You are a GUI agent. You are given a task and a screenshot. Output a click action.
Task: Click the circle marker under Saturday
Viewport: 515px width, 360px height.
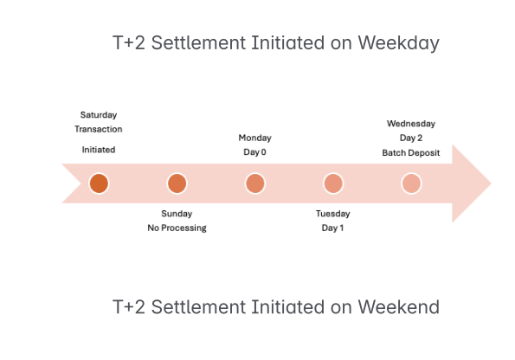[99, 183]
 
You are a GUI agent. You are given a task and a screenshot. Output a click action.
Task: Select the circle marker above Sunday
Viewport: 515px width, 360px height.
[177, 183]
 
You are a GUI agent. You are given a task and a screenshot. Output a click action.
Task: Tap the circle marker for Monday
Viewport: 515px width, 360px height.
[255, 183]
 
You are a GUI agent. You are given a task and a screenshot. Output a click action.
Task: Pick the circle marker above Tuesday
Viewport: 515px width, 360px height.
[333, 183]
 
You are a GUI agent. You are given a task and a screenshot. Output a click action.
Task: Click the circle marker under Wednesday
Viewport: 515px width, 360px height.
[411, 183]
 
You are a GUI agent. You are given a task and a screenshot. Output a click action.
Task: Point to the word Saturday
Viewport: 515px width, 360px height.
[99, 115]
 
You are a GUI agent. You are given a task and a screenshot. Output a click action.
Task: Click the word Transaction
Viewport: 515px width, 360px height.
[99, 129]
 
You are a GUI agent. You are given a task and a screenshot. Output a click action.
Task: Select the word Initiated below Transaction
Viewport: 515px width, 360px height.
[99, 150]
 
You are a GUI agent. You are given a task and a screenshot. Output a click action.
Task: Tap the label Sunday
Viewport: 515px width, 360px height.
[177, 214]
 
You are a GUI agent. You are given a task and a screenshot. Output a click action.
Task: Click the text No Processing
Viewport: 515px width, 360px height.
[177, 228]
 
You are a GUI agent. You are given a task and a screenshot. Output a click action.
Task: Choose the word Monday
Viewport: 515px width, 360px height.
[254, 138]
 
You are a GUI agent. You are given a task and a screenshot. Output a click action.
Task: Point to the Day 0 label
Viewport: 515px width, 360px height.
[254, 152]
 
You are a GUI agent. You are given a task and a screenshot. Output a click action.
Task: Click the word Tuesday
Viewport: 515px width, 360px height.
[333, 214]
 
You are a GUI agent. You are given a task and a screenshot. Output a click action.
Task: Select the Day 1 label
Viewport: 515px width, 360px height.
[332, 228]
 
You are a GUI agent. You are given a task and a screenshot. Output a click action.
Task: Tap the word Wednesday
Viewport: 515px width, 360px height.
[411, 124]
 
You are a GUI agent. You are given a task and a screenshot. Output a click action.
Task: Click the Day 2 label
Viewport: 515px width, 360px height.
[411, 138]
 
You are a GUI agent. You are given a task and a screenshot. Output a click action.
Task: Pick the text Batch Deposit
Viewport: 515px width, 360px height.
[411, 152]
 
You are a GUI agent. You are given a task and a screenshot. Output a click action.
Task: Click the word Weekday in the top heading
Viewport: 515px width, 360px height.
[398, 43]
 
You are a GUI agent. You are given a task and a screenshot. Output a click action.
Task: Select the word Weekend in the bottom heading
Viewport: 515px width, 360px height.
[398, 307]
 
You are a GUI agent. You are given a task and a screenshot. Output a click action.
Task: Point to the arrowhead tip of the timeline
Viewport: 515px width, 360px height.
[491, 183]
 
